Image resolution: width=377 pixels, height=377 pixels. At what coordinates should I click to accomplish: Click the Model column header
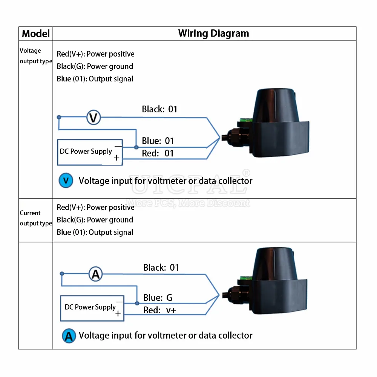click(36, 34)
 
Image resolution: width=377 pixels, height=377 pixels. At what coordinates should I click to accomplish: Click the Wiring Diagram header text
click(213, 34)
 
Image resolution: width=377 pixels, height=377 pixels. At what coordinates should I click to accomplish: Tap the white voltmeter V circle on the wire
click(93, 117)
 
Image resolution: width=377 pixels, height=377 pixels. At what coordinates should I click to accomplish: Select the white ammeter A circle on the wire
click(95, 274)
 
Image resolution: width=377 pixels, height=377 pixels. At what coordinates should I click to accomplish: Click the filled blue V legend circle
click(66, 180)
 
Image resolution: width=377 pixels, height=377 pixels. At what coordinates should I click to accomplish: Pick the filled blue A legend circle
click(69, 336)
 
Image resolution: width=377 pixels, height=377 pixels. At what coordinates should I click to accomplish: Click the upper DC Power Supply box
click(90, 152)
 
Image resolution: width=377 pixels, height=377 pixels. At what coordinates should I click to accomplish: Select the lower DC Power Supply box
click(92, 308)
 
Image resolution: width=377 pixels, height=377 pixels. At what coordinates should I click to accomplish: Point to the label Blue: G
click(158, 298)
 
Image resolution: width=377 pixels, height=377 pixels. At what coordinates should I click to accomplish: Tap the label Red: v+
click(159, 310)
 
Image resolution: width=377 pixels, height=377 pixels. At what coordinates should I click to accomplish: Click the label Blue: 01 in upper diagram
click(158, 141)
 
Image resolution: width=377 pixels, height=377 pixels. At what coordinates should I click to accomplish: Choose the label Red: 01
click(158, 153)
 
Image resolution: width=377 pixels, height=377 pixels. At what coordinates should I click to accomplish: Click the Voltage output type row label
click(35, 56)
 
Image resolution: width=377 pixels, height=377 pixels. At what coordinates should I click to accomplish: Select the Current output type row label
click(35, 218)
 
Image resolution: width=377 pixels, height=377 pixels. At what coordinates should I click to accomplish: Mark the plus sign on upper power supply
click(116, 158)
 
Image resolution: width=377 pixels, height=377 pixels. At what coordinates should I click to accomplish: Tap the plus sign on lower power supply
click(118, 314)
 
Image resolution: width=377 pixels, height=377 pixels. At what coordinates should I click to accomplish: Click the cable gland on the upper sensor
click(232, 137)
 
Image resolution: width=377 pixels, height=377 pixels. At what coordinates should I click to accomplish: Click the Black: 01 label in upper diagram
click(159, 109)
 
